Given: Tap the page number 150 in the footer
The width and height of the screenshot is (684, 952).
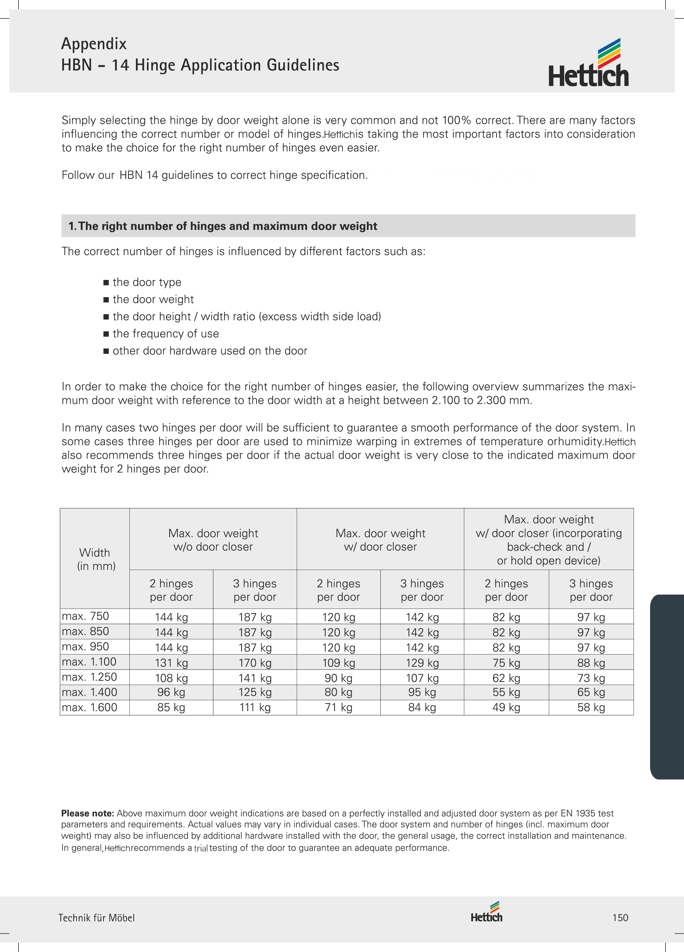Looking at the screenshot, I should coord(620,918).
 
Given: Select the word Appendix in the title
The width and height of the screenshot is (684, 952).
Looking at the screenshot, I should coord(94,44).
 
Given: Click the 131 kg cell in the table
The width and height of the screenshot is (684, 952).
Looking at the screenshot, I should coord(171,663).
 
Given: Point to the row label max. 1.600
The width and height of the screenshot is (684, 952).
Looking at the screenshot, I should coord(89,707).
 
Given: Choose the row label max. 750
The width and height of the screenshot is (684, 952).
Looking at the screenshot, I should coord(85,616).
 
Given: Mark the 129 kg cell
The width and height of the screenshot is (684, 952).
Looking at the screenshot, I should coord(422,663).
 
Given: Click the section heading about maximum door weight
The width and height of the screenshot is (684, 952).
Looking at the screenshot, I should coord(223,226).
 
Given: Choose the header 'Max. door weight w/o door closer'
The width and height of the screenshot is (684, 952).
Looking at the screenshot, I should coord(213,540).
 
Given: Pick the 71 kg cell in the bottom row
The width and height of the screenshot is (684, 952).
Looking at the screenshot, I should coord(338,707).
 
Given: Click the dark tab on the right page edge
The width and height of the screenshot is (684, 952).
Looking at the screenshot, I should coord(667,687).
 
